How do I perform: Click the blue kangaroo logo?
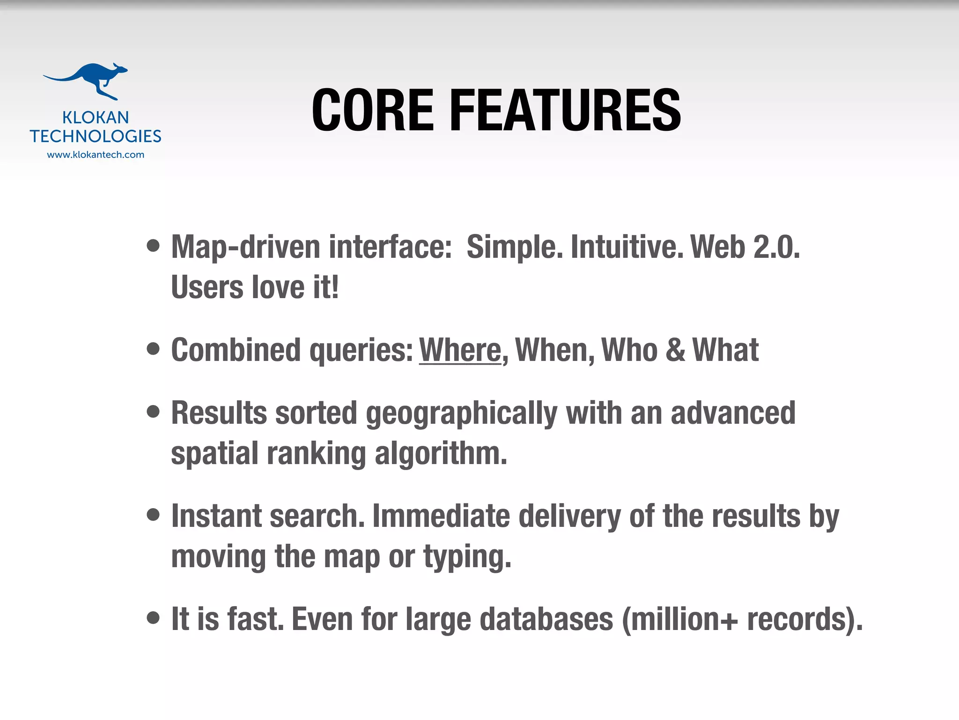(87, 81)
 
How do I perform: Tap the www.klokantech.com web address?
(96, 155)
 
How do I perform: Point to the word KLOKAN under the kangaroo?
(96, 117)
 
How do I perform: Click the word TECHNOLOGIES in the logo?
(96, 136)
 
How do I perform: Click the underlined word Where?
(460, 350)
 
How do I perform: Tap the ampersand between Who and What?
(675, 350)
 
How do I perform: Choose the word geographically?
(461, 414)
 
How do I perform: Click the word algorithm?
(441, 454)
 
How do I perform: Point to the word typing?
(467, 557)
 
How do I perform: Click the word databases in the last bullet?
(546, 619)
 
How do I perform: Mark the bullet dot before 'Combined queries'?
(153, 349)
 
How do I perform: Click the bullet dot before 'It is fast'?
(153, 618)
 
